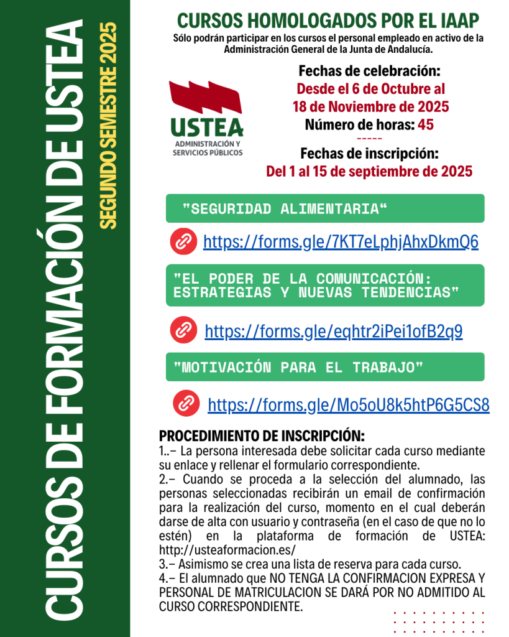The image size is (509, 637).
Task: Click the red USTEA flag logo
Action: (206, 101)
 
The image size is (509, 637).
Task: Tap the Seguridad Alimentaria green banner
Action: (324, 208)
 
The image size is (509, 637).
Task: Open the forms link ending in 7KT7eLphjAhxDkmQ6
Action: (341, 242)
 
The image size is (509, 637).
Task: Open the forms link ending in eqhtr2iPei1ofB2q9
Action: (333, 331)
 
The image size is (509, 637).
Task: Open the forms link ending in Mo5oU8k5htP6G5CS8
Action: (348, 405)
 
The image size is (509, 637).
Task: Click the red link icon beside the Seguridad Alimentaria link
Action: (183, 242)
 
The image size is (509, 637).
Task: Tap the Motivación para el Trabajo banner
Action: (324, 367)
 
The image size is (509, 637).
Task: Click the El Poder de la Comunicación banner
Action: (324, 285)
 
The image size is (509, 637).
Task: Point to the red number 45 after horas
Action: (426, 124)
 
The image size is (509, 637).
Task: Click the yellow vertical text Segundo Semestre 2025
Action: (108, 124)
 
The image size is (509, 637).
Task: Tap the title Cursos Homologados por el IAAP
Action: (328, 21)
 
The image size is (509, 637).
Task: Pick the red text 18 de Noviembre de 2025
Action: (370, 106)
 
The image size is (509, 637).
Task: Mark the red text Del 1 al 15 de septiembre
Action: (369, 171)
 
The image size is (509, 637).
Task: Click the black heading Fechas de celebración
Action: (369, 70)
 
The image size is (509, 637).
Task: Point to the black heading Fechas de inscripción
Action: (369, 153)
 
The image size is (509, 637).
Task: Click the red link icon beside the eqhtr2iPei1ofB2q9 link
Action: (183, 330)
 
